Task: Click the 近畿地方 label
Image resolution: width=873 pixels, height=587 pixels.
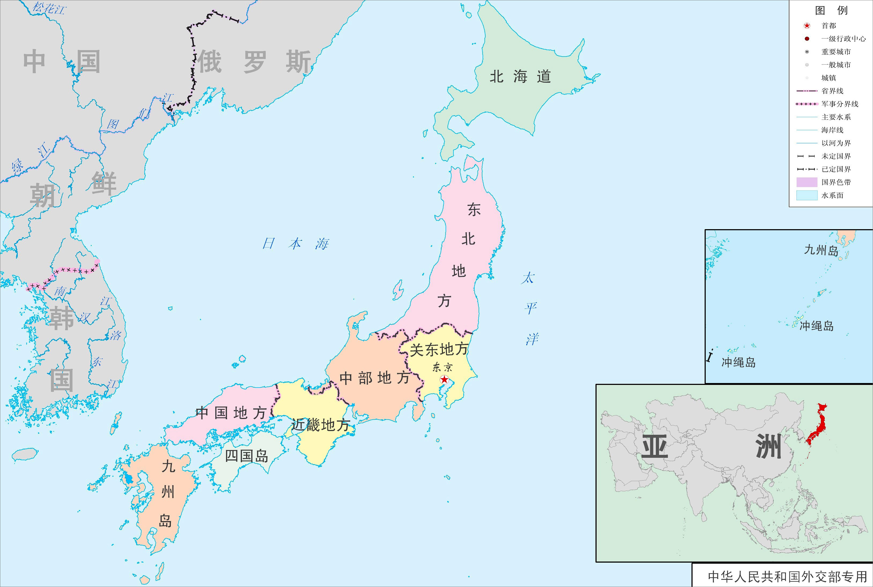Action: click(321, 425)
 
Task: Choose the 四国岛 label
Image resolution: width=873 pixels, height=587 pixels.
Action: click(247, 456)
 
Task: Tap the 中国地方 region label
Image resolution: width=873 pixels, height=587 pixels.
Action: click(231, 413)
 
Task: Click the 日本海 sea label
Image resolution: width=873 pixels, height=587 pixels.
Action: click(295, 244)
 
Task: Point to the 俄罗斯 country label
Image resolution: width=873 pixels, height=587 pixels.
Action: click(255, 62)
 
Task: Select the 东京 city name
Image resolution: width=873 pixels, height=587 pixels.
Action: click(442, 367)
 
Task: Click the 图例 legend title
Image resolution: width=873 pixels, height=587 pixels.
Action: click(831, 10)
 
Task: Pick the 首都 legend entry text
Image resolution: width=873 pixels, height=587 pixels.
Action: click(828, 26)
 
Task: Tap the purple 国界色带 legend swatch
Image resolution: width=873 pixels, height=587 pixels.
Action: click(806, 182)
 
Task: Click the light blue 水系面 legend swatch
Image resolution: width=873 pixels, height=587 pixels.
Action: click(806, 195)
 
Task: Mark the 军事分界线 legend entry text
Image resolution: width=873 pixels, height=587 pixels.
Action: click(840, 104)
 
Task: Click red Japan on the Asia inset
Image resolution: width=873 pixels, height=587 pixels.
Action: click(817, 427)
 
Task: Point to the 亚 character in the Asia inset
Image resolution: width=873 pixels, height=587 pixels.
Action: click(655, 447)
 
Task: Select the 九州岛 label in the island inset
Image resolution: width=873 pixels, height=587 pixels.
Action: click(821, 250)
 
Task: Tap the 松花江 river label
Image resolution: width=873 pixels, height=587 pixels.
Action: click(49, 8)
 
